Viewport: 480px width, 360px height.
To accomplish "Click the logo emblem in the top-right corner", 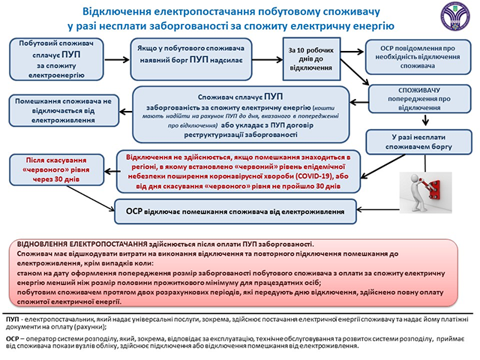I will [456, 16].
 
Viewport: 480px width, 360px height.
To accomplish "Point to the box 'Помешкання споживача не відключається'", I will [63, 109].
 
